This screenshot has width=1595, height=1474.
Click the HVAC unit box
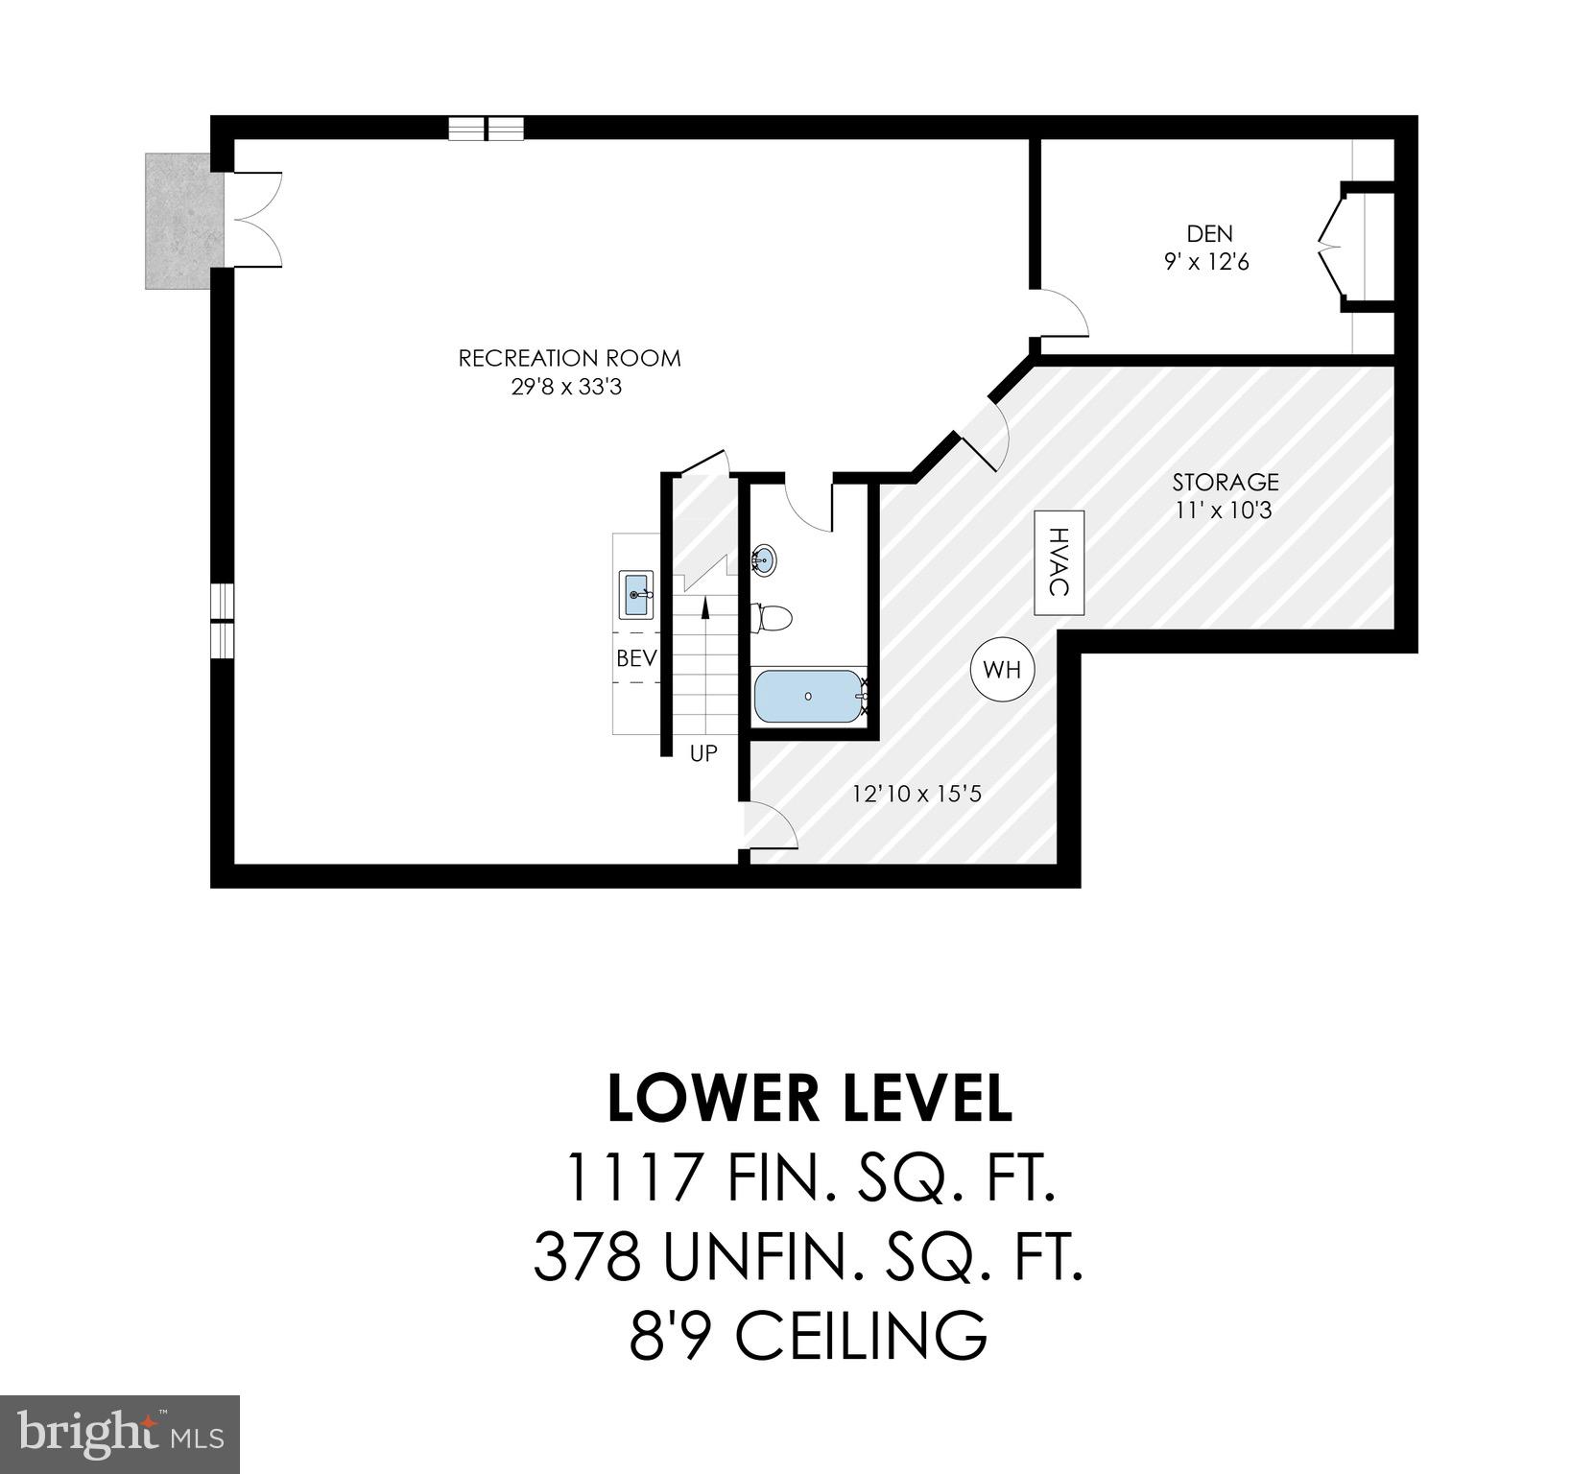1059,562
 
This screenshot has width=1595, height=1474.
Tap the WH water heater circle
1002,670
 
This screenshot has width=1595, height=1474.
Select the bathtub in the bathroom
808,697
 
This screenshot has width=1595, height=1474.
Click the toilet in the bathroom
773,617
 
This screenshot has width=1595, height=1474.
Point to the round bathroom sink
764,559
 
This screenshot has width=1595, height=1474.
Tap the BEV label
636,658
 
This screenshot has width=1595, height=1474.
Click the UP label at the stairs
703,753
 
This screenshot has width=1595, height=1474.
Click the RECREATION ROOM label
569,359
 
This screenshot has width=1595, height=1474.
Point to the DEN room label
1209,233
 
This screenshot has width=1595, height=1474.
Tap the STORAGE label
1226,482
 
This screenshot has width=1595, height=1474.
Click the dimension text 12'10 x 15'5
917,794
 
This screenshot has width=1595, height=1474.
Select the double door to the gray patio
254,219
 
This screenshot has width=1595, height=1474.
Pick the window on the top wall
487,129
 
